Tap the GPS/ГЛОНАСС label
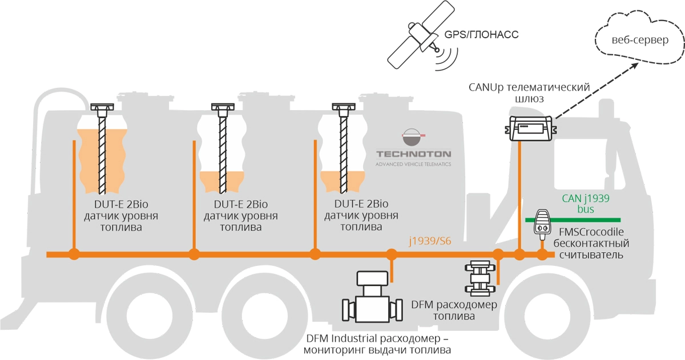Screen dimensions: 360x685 [481, 34]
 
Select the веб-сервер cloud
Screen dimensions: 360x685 [639, 41]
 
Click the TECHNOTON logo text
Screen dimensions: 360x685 [413, 154]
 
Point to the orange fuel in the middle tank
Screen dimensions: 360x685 [223, 183]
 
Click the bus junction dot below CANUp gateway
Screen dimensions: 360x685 [520, 254]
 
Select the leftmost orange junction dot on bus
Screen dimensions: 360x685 [73, 254]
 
